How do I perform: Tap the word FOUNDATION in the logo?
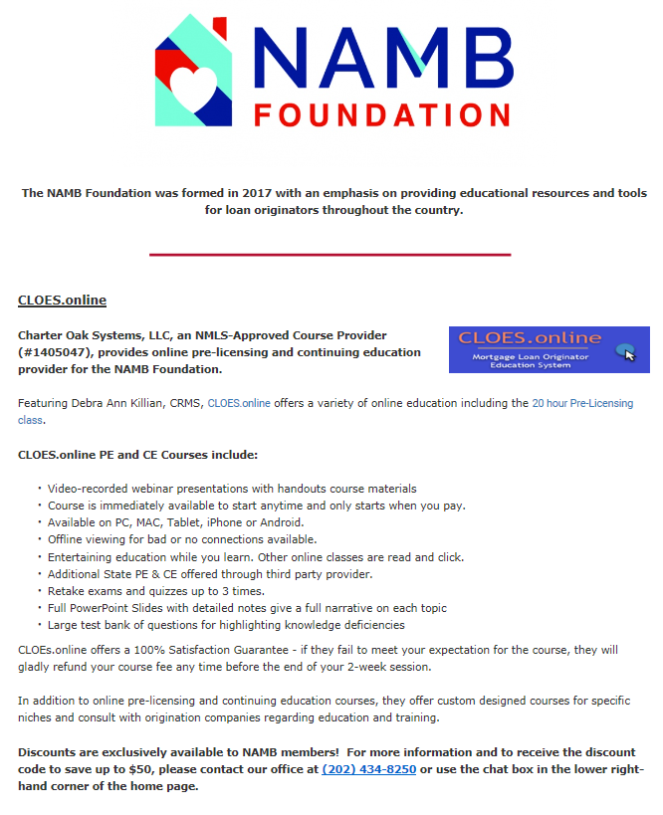tap(381, 111)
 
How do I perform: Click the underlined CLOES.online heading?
tap(62, 300)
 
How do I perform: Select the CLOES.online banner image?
tap(549, 349)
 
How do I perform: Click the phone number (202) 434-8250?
tap(369, 769)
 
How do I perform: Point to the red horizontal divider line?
tap(330, 255)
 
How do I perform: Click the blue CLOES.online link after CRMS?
tap(239, 404)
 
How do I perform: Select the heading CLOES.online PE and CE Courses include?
tap(137, 455)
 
